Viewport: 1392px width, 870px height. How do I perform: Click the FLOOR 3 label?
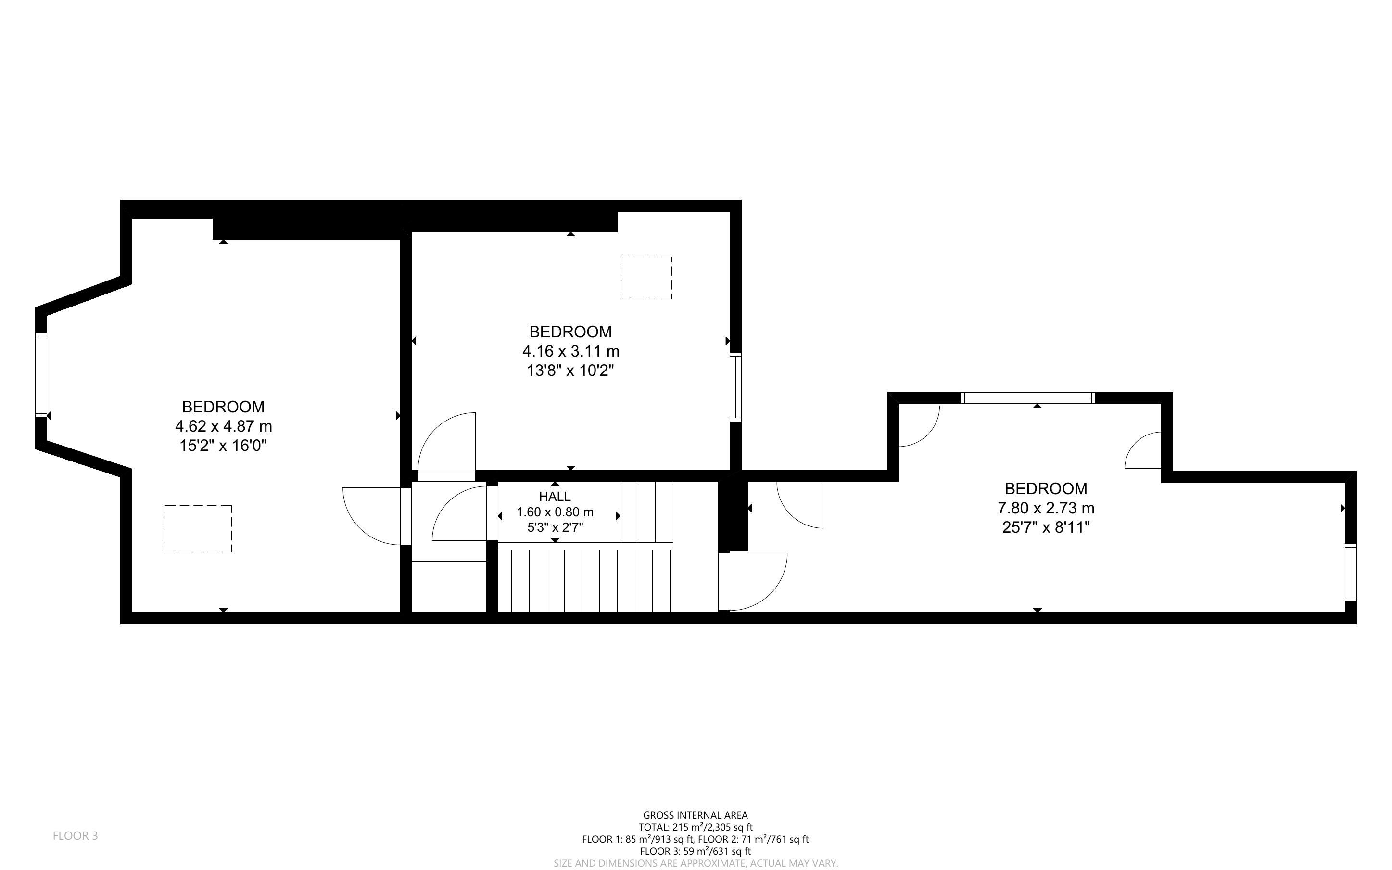pyautogui.click(x=76, y=835)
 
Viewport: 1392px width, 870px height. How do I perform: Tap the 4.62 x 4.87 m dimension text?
pyautogui.click(x=223, y=426)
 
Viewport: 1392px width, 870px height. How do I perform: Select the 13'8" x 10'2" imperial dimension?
pyautogui.click(x=570, y=371)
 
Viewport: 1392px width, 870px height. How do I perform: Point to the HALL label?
pyautogui.click(x=555, y=496)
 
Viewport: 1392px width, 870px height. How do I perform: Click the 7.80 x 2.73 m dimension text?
pyautogui.click(x=1046, y=508)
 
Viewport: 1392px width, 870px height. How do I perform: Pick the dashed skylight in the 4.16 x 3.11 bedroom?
pyautogui.click(x=645, y=278)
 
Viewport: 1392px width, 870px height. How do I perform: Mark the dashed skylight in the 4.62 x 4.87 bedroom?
pyautogui.click(x=198, y=529)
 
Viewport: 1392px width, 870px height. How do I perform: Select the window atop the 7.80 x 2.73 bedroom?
pyautogui.click(x=1027, y=397)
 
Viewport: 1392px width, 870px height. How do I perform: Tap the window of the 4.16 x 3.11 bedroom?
pyautogui.click(x=735, y=387)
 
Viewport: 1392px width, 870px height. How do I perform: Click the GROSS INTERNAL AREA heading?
pyautogui.click(x=695, y=815)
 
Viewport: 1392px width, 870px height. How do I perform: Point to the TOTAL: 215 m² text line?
pyautogui.click(x=695, y=827)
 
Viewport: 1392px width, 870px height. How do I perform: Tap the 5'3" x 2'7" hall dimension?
pyautogui.click(x=555, y=527)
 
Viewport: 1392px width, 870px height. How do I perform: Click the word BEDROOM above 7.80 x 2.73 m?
pyautogui.click(x=1046, y=488)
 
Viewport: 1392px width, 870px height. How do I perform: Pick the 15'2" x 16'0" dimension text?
pyautogui.click(x=223, y=446)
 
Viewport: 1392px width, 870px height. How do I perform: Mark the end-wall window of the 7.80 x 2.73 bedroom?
pyautogui.click(x=1351, y=573)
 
